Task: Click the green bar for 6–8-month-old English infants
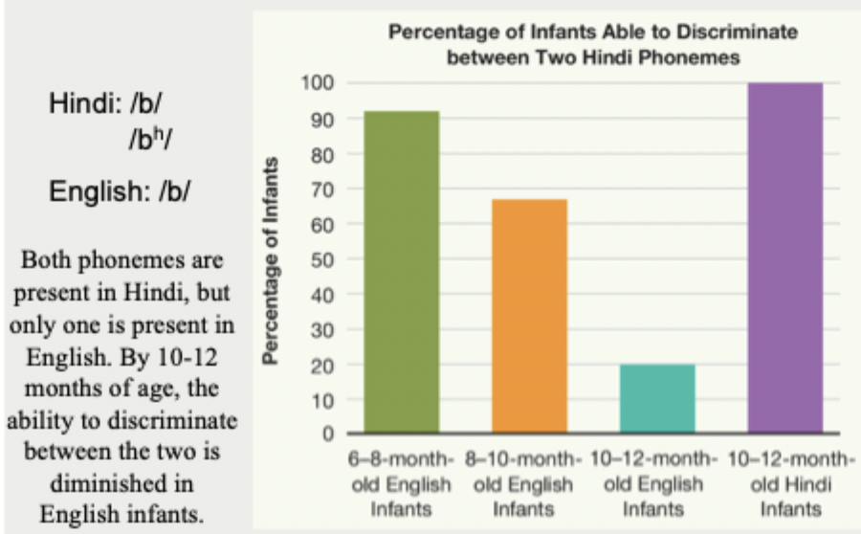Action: [x=402, y=272]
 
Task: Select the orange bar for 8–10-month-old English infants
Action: [x=529, y=316]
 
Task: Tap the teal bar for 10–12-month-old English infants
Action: [x=656, y=397]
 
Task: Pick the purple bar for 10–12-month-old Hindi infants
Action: [x=784, y=257]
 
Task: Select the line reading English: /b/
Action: [x=120, y=190]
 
